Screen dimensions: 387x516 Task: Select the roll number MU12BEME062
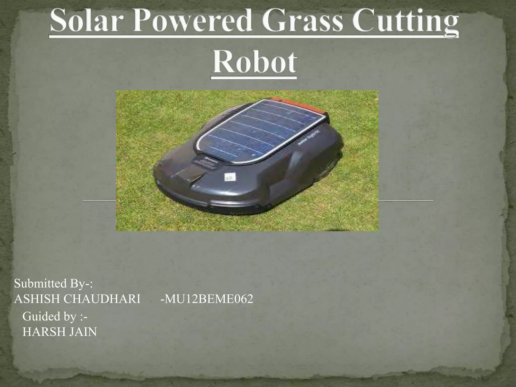click(x=207, y=299)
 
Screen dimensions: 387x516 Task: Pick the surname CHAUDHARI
click(x=102, y=299)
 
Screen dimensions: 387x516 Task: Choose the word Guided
click(x=38, y=316)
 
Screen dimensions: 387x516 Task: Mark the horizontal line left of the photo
click(x=99, y=200)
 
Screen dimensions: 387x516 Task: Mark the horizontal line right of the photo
click(x=406, y=200)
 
